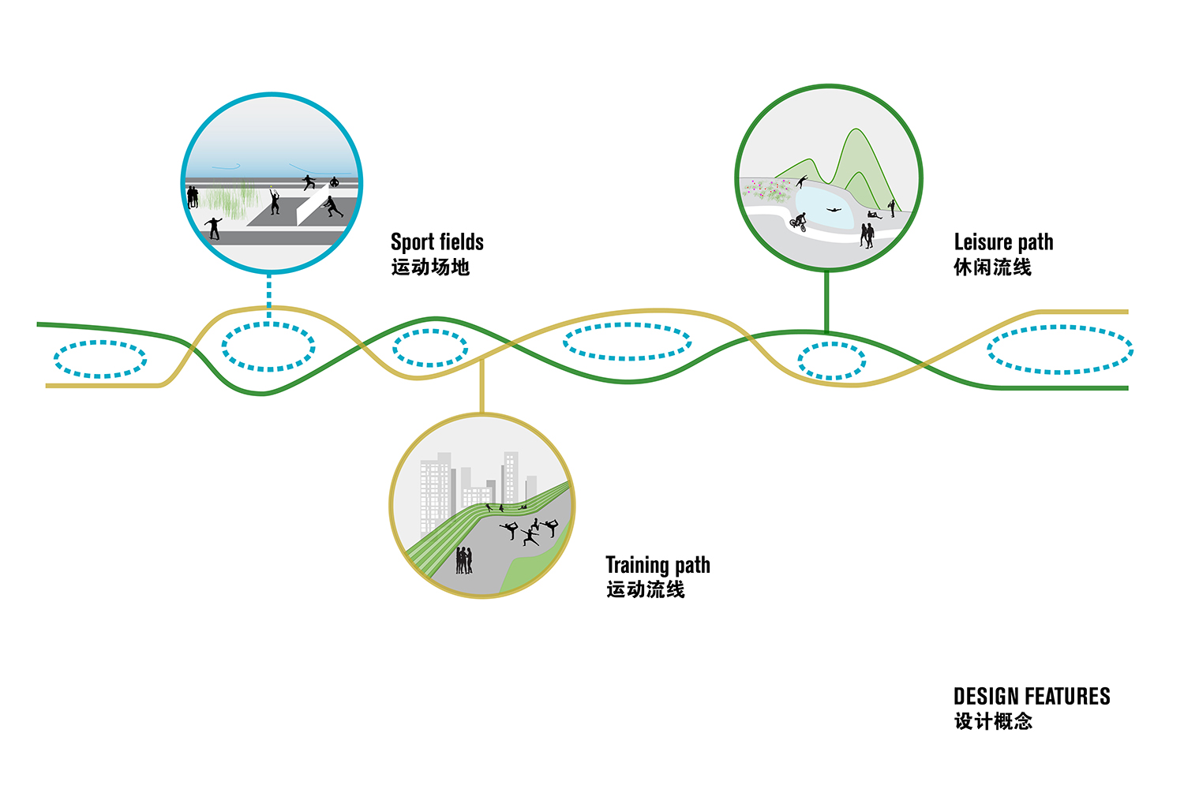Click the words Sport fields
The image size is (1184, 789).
(x=437, y=242)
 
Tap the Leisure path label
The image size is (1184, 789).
(x=1003, y=242)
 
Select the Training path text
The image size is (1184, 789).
(x=658, y=565)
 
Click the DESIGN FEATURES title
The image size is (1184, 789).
(x=1031, y=697)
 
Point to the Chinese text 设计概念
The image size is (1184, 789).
(x=993, y=721)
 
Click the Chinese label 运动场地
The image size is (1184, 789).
(x=430, y=267)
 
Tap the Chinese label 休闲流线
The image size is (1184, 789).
(x=992, y=267)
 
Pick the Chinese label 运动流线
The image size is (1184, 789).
(x=645, y=589)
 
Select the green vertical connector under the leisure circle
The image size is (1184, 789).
(x=826, y=301)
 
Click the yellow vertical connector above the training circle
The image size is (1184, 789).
(x=481, y=386)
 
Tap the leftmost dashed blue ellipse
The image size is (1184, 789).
(x=100, y=359)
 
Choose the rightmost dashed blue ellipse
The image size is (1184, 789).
(x=1060, y=350)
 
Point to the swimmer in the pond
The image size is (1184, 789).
(x=834, y=210)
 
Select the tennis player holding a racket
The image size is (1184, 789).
(x=275, y=200)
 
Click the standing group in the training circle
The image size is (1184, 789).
(x=464, y=561)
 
